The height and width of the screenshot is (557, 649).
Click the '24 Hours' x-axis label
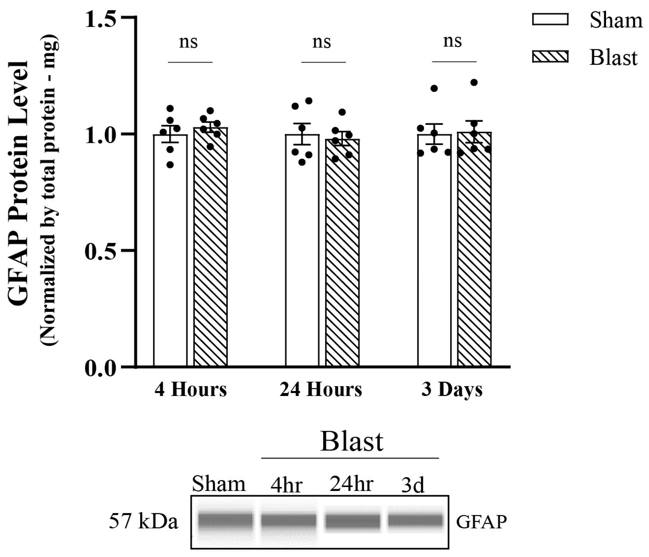(320, 389)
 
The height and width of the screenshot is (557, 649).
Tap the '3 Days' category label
(452, 390)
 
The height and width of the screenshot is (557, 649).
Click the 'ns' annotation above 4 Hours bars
(189, 42)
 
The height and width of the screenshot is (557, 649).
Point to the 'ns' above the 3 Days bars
(452, 41)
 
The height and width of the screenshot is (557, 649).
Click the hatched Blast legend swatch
(550, 57)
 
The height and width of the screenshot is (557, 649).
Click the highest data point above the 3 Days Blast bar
(474, 82)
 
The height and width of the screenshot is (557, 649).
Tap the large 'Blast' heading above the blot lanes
(352, 442)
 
